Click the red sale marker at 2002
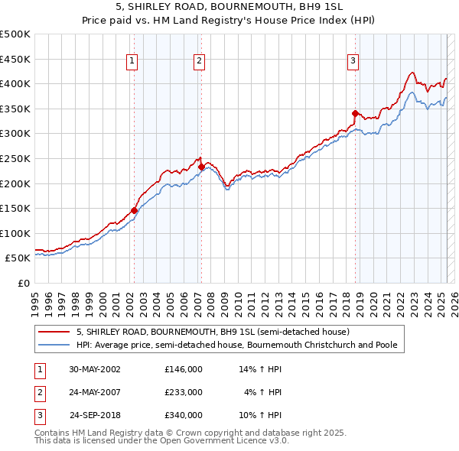click(x=134, y=210)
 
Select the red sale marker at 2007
click(x=201, y=167)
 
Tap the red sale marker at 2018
click(x=355, y=113)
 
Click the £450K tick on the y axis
click(x=15, y=59)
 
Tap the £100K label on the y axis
click(x=15, y=233)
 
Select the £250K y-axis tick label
click(x=15, y=158)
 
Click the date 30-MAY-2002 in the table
click(x=96, y=369)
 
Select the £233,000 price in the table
click(x=184, y=392)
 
